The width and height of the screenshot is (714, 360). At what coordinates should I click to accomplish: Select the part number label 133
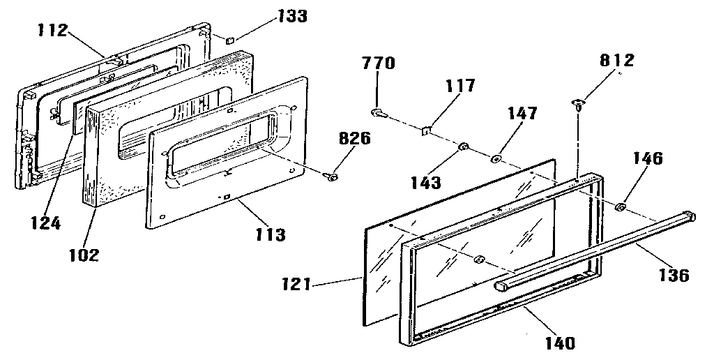pyautogui.click(x=291, y=16)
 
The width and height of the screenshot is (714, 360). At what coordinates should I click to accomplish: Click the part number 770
pyautogui.click(x=379, y=65)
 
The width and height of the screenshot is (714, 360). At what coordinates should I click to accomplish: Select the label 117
pyautogui.click(x=460, y=86)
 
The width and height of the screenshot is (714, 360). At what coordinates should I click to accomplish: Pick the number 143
pyautogui.click(x=426, y=183)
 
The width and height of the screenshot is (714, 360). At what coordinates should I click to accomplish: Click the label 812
pyautogui.click(x=616, y=61)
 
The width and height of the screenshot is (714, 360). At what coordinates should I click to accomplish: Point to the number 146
pyautogui.click(x=647, y=158)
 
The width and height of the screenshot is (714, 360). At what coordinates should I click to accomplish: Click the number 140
pyautogui.click(x=561, y=342)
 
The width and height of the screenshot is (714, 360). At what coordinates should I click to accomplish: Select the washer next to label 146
pyautogui.click(x=620, y=207)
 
